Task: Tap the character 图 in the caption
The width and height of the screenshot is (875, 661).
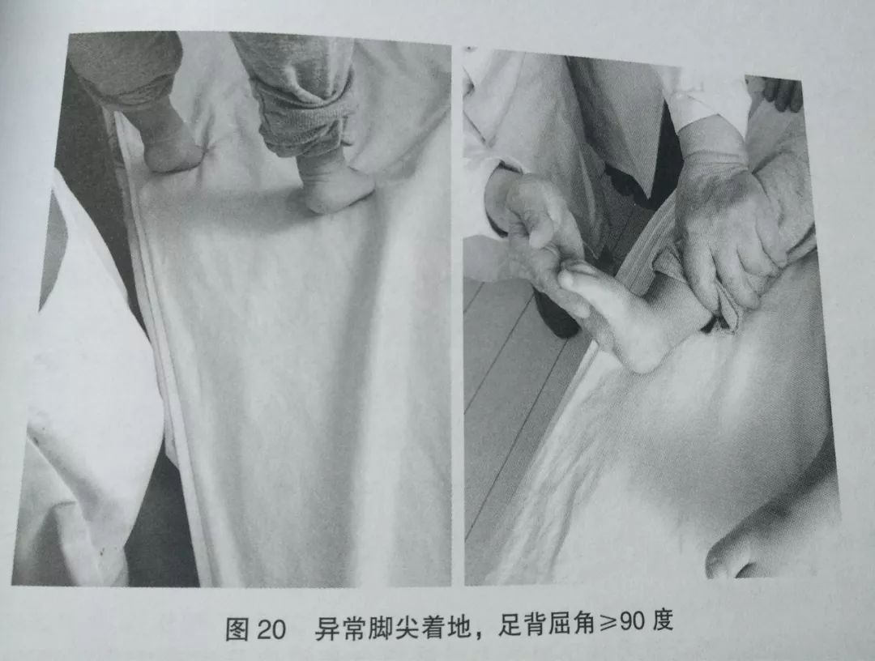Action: click(x=237, y=628)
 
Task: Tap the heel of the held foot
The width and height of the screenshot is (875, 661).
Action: click(x=644, y=352)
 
